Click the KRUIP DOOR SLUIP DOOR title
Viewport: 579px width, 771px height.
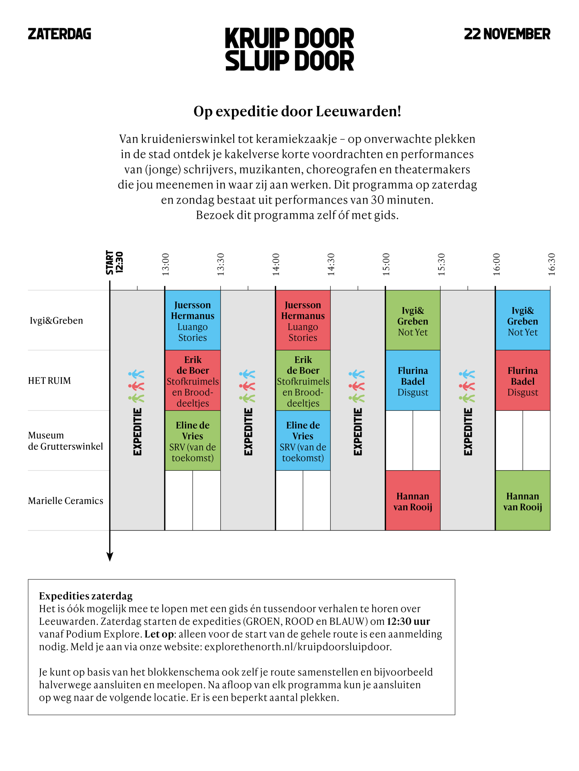pos(289,49)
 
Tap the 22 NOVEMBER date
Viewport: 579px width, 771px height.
pos(507,34)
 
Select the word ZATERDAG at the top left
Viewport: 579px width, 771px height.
pos(59,34)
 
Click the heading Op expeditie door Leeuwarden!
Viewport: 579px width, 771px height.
pos(297,111)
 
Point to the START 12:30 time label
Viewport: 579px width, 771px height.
pos(114,263)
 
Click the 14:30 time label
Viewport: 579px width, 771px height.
pos(331,264)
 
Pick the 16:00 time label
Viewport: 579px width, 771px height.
pos(496,264)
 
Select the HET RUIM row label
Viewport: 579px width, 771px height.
pos(49,381)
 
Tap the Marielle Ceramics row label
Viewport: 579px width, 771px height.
pos(65,501)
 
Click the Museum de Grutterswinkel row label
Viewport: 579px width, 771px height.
pos(65,441)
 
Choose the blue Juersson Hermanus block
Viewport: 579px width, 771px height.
pos(193,320)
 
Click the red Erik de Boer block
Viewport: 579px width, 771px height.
pos(193,381)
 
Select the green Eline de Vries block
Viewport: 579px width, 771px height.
pos(193,441)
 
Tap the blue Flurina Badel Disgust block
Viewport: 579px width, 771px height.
pos(412,381)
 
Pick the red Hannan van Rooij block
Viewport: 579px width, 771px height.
pos(412,501)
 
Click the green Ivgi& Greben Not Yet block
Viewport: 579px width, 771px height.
pos(412,320)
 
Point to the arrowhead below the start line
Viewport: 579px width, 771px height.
pos(110,557)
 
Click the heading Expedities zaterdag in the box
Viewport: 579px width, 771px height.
pos(85,596)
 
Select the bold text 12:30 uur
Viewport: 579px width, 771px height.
pos(408,622)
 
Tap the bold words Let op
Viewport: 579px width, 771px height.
pos(159,634)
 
